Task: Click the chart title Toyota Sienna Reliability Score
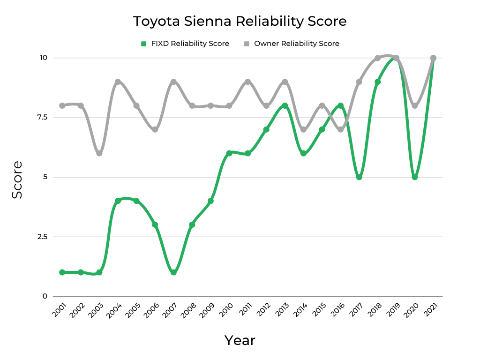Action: point(240,22)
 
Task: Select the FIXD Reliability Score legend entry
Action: point(185,44)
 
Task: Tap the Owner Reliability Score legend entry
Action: point(292,44)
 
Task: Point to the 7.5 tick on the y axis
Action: point(43,117)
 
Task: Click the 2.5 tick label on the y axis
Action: point(43,237)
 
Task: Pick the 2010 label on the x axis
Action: point(226,310)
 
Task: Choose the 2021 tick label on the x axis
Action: point(430,310)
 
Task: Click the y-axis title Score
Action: point(17,180)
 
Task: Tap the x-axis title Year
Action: point(240,340)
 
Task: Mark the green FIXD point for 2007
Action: point(173,272)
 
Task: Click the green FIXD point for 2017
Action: point(359,177)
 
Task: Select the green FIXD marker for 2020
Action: point(415,177)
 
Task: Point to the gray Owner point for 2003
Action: point(99,153)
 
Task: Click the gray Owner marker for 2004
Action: point(118,82)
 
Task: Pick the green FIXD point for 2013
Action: point(285,105)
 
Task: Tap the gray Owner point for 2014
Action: point(303,129)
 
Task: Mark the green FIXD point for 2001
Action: point(62,272)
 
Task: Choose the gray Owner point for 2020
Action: point(415,105)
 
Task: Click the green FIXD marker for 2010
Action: point(229,153)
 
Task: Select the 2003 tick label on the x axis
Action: point(96,310)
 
